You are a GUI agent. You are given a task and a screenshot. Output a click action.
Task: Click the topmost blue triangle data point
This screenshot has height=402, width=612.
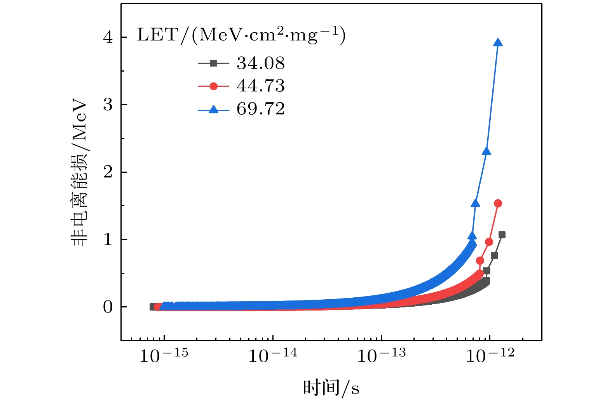click(x=498, y=43)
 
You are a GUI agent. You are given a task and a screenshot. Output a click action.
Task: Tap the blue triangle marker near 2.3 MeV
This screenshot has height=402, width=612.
click(x=486, y=151)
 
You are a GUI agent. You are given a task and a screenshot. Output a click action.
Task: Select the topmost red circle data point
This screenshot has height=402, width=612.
click(x=498, y=203)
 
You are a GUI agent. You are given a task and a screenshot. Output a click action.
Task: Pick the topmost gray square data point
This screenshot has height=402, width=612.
click(x=502, y=235)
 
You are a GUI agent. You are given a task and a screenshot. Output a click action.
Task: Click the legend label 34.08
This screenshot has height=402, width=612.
click(x=260, y=63)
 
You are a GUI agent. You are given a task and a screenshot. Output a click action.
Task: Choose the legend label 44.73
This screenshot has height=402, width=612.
click(x=260, y=86)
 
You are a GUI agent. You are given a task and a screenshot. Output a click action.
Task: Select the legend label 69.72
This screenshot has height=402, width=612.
click(x=260, y=109)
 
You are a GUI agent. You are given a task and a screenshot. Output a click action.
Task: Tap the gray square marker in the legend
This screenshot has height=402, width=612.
click(x=213, y=63)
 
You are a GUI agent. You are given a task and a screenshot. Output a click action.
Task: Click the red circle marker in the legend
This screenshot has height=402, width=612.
click(x=213, y=86)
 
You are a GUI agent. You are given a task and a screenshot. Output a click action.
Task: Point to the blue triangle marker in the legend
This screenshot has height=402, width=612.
click(x=213, y=109)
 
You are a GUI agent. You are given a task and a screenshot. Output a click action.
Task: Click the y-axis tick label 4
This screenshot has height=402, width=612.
click(x=108, y=37)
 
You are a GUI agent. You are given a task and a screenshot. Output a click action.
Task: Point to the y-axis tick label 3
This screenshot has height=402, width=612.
click(x=108, y=105)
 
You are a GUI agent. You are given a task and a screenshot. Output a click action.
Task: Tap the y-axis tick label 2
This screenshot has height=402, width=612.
click(x=108, y=172)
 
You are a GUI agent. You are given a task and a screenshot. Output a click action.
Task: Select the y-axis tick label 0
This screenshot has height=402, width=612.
click(x=108, y=307)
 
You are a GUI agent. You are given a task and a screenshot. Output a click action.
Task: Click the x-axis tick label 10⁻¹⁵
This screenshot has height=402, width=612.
click(x=164, y=355)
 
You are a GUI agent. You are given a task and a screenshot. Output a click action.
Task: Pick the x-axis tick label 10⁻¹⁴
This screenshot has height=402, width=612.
click(x=272, y=355)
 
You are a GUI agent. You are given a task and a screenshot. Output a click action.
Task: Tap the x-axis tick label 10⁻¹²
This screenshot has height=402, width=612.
click(x=490, y=355)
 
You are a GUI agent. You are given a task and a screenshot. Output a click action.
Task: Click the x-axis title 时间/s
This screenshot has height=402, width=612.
click(x=331, y=388)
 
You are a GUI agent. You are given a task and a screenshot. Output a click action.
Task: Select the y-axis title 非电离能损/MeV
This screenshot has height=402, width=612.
click(x=79, y=173)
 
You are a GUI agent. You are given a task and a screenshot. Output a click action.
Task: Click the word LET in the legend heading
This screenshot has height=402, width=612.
click(x=157, y=35)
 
